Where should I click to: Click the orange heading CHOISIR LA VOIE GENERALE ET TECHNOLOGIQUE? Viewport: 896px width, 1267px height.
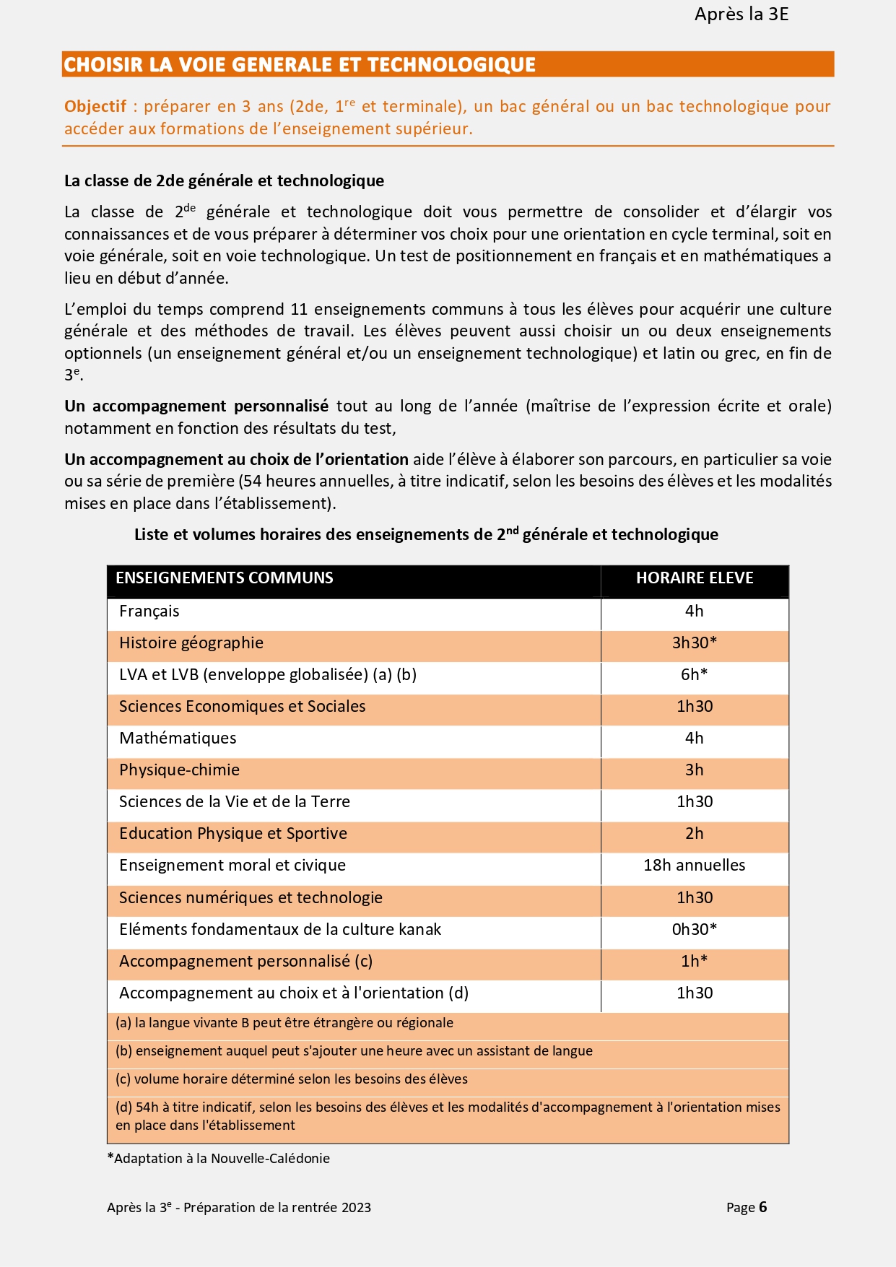(299, 65)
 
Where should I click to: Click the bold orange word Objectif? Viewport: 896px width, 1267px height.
(95, 107)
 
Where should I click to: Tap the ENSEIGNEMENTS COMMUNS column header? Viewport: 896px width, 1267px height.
(225, 578)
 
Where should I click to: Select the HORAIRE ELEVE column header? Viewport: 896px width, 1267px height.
(695, 578)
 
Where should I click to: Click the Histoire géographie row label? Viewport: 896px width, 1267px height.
(191, 643)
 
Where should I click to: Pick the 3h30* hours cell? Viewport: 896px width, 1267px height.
(695, 643)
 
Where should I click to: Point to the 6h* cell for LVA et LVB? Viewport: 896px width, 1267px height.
(695, 675)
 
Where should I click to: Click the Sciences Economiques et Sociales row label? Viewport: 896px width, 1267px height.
(243, 707)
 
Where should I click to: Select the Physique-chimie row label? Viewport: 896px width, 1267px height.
(179, 770)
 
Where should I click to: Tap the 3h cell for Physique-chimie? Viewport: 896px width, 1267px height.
(695, 770)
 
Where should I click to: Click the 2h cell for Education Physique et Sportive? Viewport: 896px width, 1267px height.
(695, 834)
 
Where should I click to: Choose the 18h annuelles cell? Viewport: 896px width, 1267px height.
(695, 866)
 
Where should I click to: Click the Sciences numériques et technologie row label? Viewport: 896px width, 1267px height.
(251, 898)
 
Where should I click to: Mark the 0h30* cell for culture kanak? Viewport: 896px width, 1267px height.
(695, 930)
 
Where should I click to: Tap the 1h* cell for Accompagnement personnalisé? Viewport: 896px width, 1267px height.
(695, 962)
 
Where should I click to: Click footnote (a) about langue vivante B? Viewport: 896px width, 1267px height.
(284, 1023)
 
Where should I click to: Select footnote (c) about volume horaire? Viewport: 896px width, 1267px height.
(292, 1079)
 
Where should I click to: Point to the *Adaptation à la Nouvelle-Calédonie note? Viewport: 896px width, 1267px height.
(219, 1159)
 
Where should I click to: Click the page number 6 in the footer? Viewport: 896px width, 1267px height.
(763, 1208)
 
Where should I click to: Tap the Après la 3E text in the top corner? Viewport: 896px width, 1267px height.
(741, 14)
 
